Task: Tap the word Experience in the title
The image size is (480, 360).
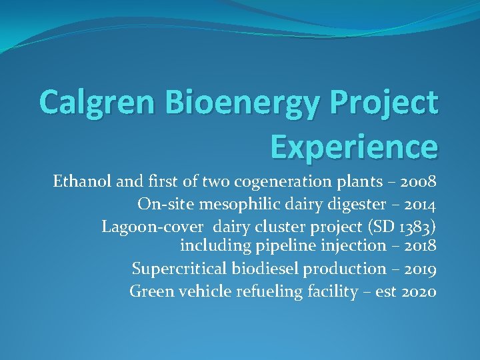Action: click(354, 146)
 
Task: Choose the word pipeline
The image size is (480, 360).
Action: click(283, 246)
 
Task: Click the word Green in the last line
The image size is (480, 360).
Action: click(150, 291)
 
